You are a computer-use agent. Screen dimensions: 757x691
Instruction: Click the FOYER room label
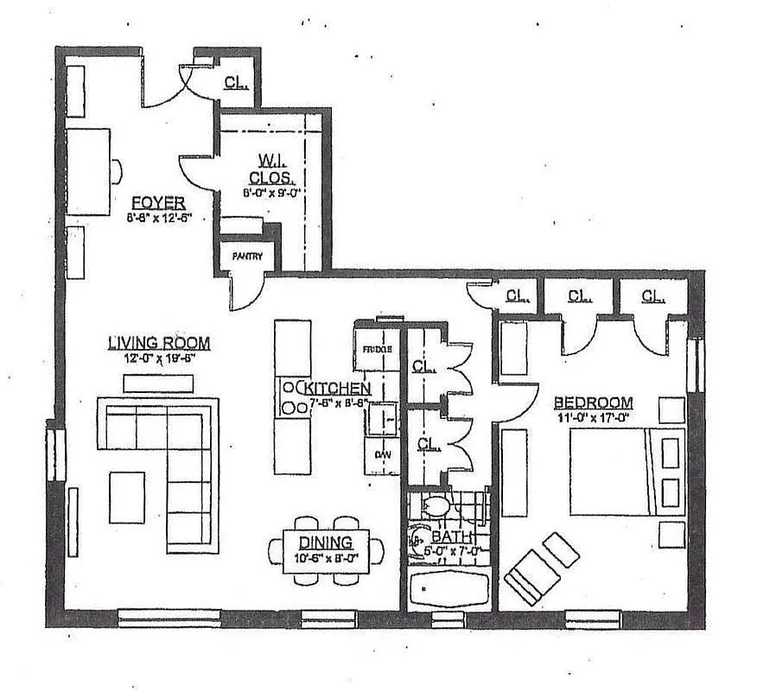tap(157, 202)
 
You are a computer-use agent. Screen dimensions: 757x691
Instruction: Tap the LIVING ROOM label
tap(158, 343)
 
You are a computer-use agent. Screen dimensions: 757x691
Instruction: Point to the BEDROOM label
tap(593, 403)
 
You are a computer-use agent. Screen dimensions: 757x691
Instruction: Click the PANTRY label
tap(246, 257)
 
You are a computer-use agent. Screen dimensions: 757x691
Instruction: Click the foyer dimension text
tap(158, 218)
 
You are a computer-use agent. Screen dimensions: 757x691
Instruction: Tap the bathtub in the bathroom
tap(449, 589)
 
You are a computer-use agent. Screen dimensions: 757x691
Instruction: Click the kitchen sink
tap(381, 420)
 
